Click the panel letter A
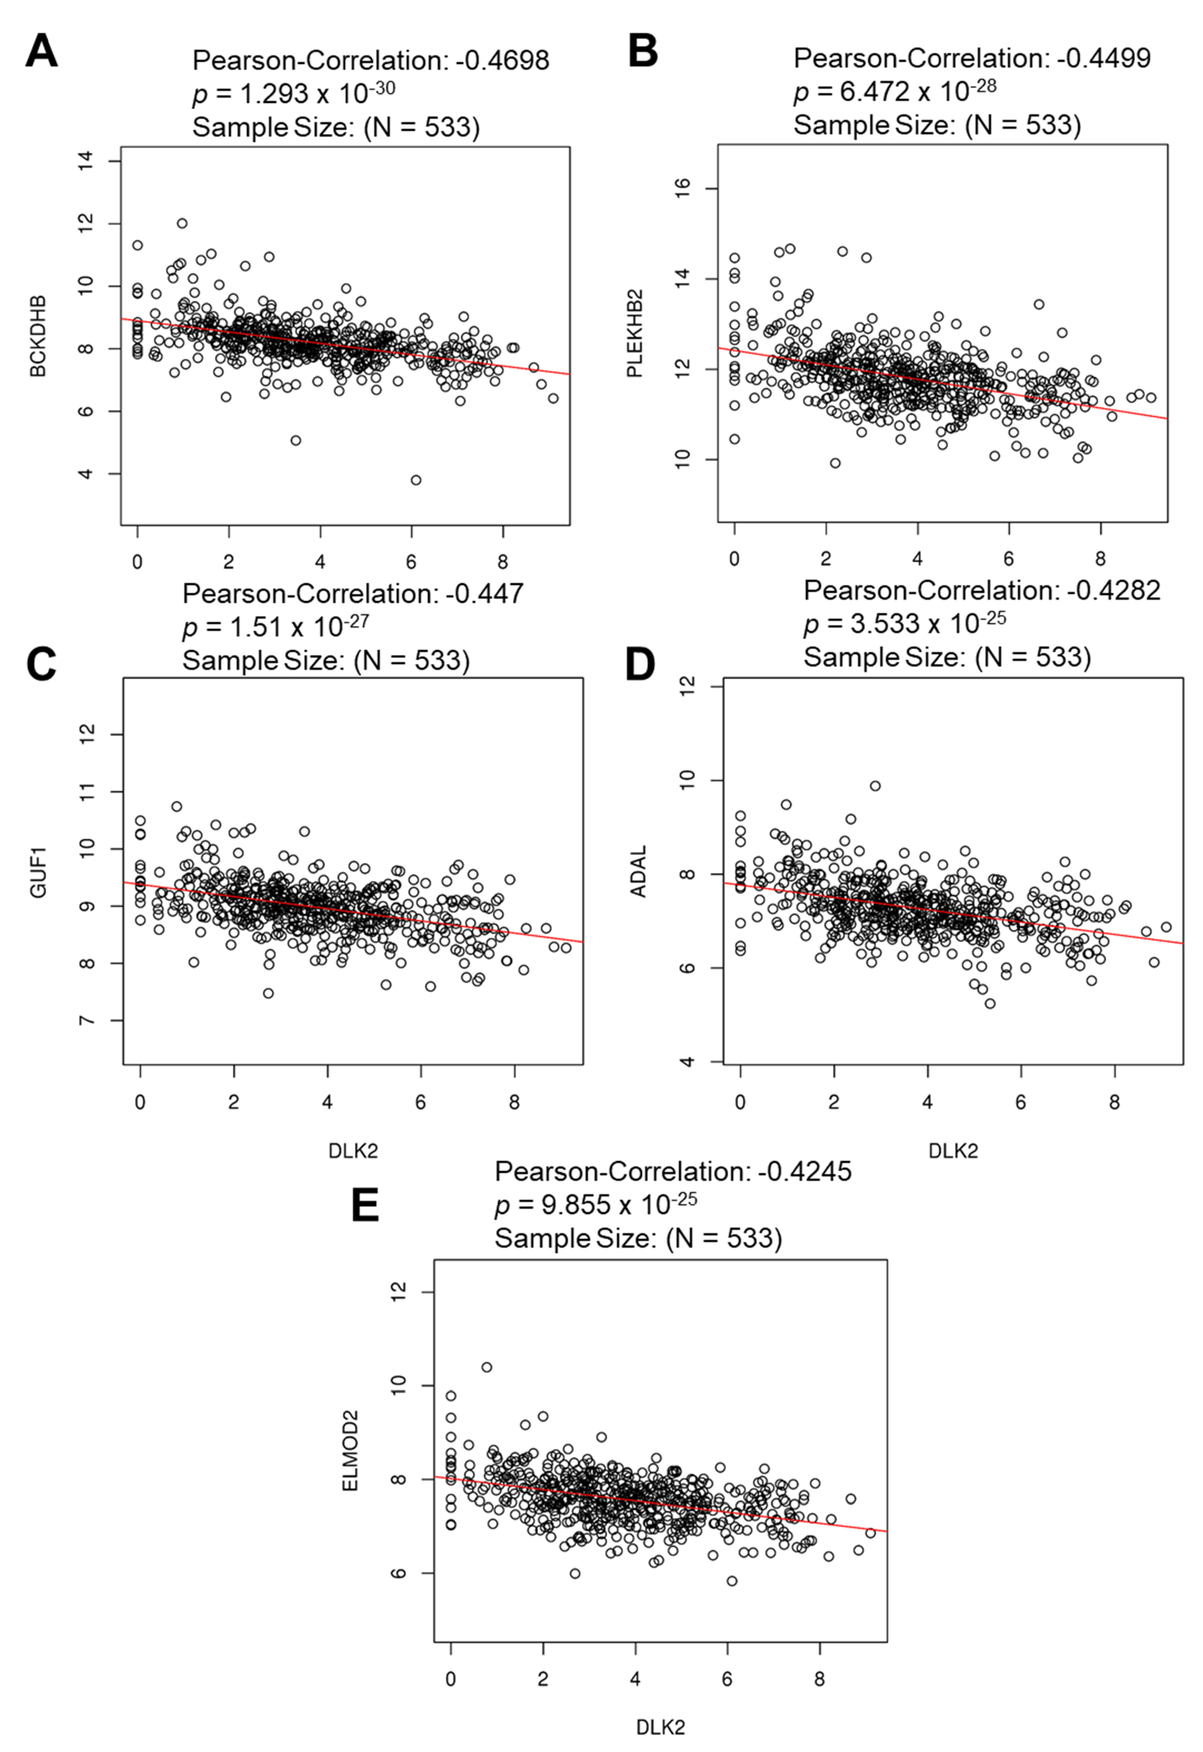pos(42,53)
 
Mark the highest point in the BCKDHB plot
pos(182,223)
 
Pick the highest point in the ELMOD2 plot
pos(487,1367)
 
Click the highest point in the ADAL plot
pos(875,786)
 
